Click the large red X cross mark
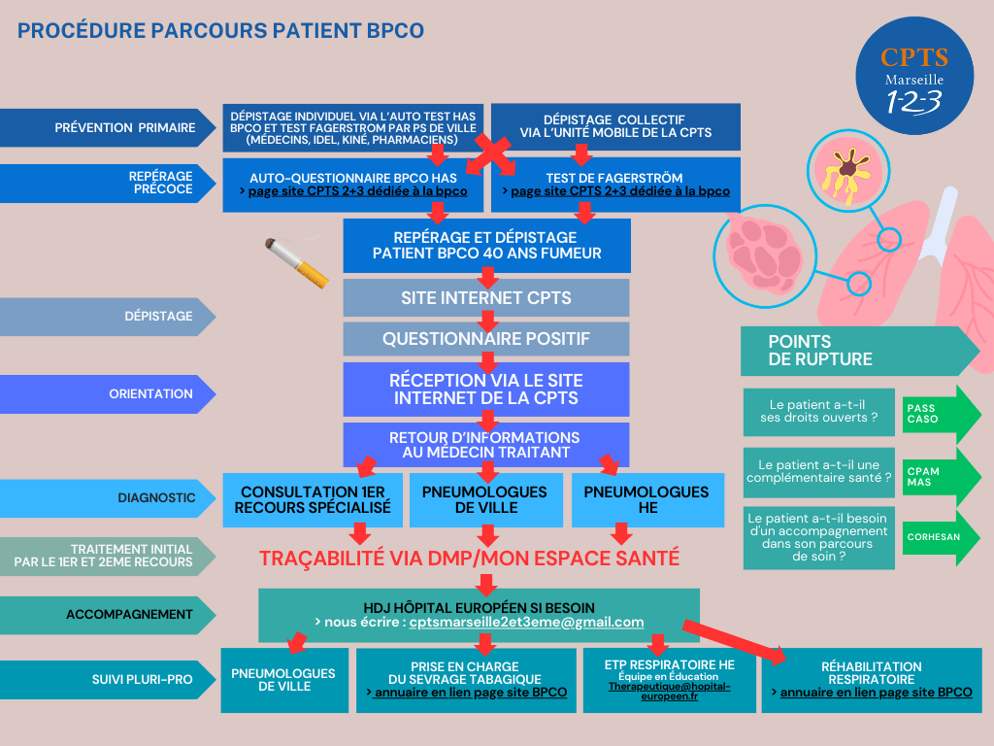pos(493,154)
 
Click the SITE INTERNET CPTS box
pos(486,297)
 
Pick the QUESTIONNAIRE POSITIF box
pos(486,339)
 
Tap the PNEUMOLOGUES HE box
pos(647,499)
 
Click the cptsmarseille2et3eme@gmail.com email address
pos(526,622)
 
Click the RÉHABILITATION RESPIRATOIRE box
pos(871,679)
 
